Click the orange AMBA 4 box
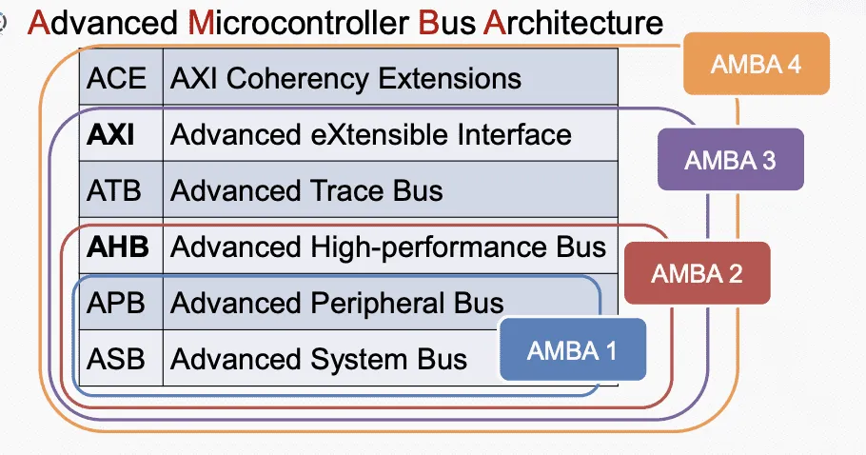(757, 65)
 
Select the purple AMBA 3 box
(730, 159)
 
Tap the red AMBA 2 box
(696, 273)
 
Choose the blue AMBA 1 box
(572, 350)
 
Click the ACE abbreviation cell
(117, 77)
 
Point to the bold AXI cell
(111, 134)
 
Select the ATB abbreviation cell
(114, 190)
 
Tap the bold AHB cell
(118, 247)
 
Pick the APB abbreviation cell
(117, 303)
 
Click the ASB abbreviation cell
(117, 359)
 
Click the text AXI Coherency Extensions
(345, 77)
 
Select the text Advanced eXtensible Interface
(370, 134)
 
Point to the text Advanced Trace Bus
(306, 190)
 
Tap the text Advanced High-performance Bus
(387, 247)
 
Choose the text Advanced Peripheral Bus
(336, 303)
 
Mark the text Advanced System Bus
(319, 359)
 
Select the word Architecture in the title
(573, 22)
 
